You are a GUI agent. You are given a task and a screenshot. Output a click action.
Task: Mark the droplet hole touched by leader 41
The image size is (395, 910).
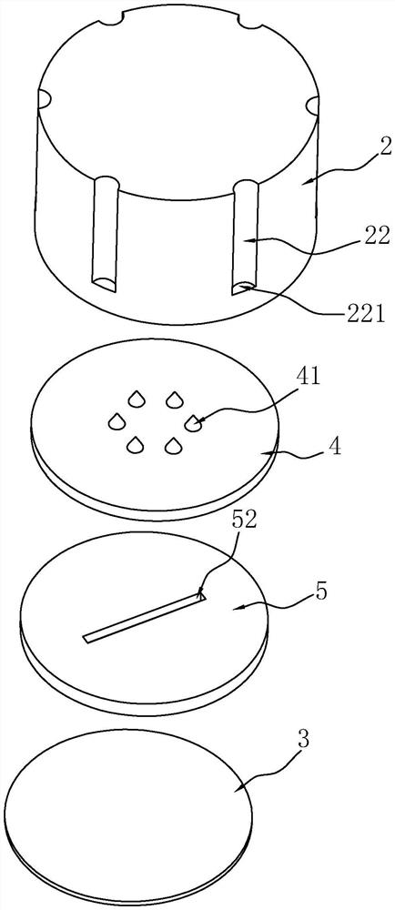[x=192, y=424]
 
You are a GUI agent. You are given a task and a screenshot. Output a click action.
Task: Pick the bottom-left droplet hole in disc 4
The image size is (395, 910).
[x=136, y=445]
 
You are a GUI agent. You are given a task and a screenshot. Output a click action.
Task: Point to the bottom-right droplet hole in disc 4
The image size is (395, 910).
[x=172, y=445]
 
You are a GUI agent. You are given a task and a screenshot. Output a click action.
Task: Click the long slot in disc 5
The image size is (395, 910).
[x=145, y=619]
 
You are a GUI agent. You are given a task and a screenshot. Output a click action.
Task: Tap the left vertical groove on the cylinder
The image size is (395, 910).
[x=106, y=232]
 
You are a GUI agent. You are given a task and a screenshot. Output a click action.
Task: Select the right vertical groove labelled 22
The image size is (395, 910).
[x=247, y=238]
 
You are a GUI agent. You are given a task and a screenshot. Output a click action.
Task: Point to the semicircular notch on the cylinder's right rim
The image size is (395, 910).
[x=312, y=105]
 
